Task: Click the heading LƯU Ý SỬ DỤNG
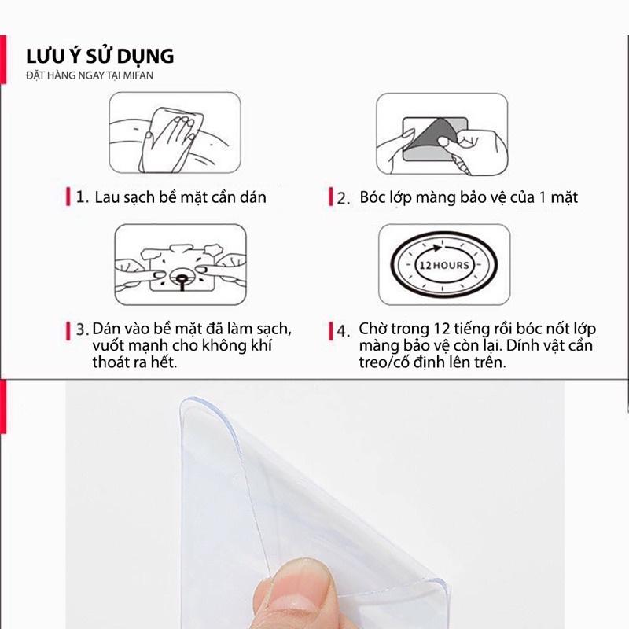[x=100, y=56]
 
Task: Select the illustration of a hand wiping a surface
[x=175, y=133]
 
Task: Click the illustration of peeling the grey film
[x=442, y=134]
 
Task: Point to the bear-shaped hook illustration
[x=181, y=265]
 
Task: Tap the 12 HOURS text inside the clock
[x=443, y=265]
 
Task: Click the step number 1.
[x=82, y=197]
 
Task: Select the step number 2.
[x=343, y=199]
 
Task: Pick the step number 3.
[x=83, y=329]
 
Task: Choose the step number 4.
[x=343, y=331]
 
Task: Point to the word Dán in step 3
[x=106, y=329]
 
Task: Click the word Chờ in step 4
[x=373, y=329]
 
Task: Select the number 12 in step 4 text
[x=442, y=329]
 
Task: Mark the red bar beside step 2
[x=330, y=197]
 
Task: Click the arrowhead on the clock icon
[x=437, y=248]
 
